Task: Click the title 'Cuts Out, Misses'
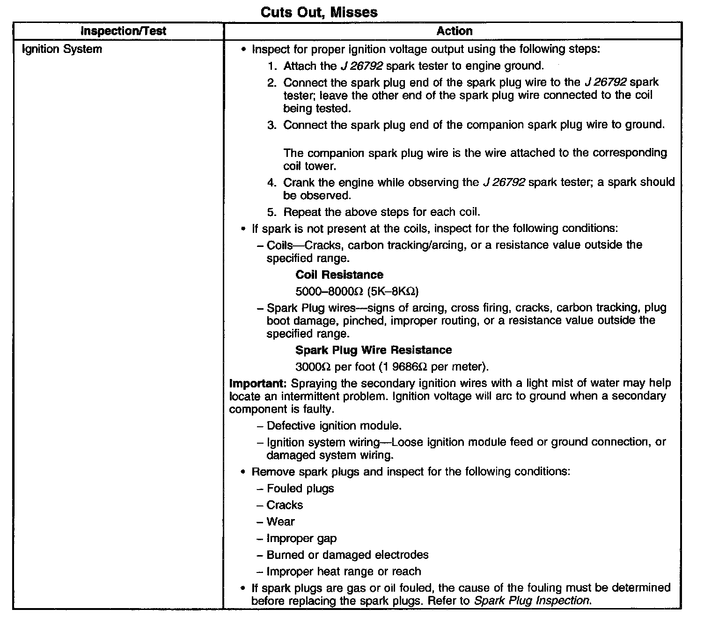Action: tap(319, 12)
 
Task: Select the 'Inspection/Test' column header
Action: tap(123, 31)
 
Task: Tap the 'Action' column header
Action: tap(454, 31)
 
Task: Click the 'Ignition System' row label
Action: tap(62, 49)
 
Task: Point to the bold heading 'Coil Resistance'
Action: tap(339, 275)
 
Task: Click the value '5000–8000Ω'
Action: tap(330, 291)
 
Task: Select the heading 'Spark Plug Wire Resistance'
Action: tap(374, 350)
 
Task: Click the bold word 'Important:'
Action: tap(258, 383)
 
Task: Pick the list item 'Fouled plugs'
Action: tap(300, 489)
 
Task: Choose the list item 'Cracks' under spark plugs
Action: tap(285, 505)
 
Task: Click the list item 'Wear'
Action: tap(280, 522)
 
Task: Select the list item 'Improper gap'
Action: tap(301, 539)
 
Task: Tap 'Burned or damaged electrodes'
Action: tap(347, 555)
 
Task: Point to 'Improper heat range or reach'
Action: tap(344, 572)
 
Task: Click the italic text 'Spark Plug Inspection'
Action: tap(532, 601)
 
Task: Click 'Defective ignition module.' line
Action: tap(334, 426)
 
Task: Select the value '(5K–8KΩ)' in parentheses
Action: tap(393, 291)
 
